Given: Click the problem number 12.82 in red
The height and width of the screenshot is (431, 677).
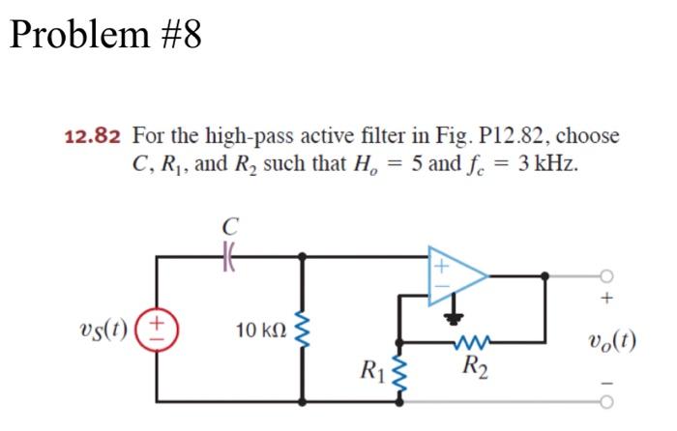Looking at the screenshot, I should pyautogui.click(x=93, y=135).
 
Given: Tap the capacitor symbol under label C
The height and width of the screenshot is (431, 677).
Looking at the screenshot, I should pyautogui.click(x=229, y=256).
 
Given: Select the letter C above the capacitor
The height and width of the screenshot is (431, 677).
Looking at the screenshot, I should pyautogui.click(x=229, y=228).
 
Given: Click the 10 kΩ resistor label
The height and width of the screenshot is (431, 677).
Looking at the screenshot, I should pyautogui.click(x=259, y=333).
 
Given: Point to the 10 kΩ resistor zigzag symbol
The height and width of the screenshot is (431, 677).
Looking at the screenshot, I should pyautogui.click(x=309, y=333).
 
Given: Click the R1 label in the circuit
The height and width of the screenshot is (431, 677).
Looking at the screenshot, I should pyautogui.click(x=369, y=368).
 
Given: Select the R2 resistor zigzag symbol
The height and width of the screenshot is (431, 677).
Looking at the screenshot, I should pyautogui.click(x=475, y=340).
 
